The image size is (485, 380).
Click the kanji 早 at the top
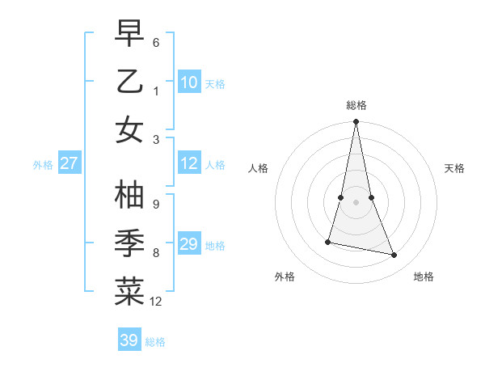(129, 33)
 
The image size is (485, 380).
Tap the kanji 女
(129, 130)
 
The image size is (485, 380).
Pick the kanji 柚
(129, 195)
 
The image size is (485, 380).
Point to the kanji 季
(129, 243)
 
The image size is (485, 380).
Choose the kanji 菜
(129, 293)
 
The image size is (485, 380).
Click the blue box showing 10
(189, 82)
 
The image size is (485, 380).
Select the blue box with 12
(189, 164)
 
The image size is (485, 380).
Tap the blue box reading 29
(189, 245)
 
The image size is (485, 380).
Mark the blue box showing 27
(70, 164)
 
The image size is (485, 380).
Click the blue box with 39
(129, 341)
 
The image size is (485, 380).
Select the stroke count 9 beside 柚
(156, 204)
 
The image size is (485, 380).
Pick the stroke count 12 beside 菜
(157, 302)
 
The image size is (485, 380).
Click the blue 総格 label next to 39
(156, 342)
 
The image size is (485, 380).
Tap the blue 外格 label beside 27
(43, 165)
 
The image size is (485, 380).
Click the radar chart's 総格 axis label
(356, 105)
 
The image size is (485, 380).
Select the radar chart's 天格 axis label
(454, 168)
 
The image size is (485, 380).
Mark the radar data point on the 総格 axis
(356, 122)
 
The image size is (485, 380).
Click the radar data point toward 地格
(394, 255)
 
